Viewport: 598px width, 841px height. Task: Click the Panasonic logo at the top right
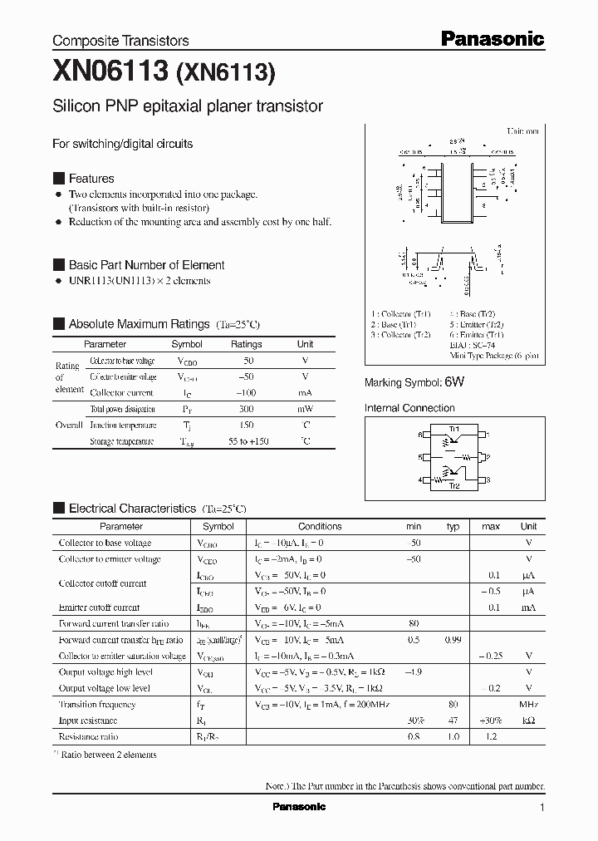(491, 38)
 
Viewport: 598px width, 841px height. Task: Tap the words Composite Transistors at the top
(120, 41)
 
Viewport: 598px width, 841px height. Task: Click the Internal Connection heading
(409, 408)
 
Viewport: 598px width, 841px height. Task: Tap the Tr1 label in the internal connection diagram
(453, 428)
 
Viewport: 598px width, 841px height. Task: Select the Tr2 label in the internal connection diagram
(453, 485)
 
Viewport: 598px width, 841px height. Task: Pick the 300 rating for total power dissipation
(246, 409)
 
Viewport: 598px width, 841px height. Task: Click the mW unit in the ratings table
(305, 409)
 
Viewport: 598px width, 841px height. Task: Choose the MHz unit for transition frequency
(528, 705)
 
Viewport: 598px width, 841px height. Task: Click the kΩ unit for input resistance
(528, 721)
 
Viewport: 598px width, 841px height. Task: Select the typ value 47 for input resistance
(453, 721)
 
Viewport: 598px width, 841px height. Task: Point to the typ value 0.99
(453, 640)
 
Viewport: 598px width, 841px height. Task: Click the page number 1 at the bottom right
(542, 807)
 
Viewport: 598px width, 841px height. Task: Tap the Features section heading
(91, 179)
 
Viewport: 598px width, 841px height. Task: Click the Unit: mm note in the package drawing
(522, 131)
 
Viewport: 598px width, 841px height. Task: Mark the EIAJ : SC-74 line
(399, 345)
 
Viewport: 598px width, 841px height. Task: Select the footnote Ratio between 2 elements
(109, 755)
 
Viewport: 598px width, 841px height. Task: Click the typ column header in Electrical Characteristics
(453, 526)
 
